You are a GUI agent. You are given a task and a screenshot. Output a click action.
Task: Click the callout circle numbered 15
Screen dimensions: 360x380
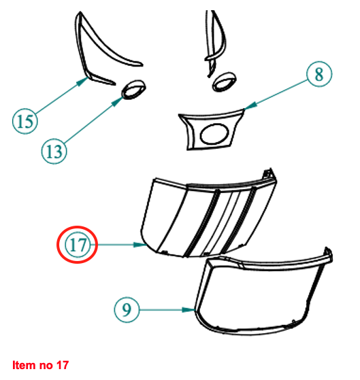point(25,121)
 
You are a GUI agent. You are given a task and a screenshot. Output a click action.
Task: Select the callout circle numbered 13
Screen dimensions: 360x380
point(54,151)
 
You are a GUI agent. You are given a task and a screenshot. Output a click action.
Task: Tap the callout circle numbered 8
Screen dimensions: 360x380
point(319,73)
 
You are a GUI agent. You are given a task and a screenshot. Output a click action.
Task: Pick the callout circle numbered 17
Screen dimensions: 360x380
point(78,245)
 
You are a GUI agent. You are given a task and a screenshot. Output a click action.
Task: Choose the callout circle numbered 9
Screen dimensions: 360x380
point(127,309)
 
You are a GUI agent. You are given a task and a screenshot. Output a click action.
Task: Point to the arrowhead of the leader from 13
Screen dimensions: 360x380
point(118,101)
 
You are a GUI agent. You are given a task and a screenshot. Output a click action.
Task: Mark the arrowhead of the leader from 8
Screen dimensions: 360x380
point(250,105)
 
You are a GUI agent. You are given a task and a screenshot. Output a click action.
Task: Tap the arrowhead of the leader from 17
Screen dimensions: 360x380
point(140,245)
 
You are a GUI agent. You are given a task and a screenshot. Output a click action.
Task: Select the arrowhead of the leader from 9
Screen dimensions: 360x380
point(189,310)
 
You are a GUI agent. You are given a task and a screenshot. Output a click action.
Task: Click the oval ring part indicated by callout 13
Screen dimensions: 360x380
point(133,89)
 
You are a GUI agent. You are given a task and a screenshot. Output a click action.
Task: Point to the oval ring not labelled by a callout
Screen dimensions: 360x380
point(225,82)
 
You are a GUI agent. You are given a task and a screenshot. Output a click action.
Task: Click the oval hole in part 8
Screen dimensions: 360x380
point(214,134)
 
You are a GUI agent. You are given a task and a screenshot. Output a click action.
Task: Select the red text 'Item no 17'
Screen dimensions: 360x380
point(41,365)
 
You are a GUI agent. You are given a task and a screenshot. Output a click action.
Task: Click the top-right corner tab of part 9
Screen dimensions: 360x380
point(329,254)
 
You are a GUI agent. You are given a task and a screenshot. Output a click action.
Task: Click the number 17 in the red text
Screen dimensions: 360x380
point(63,365)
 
